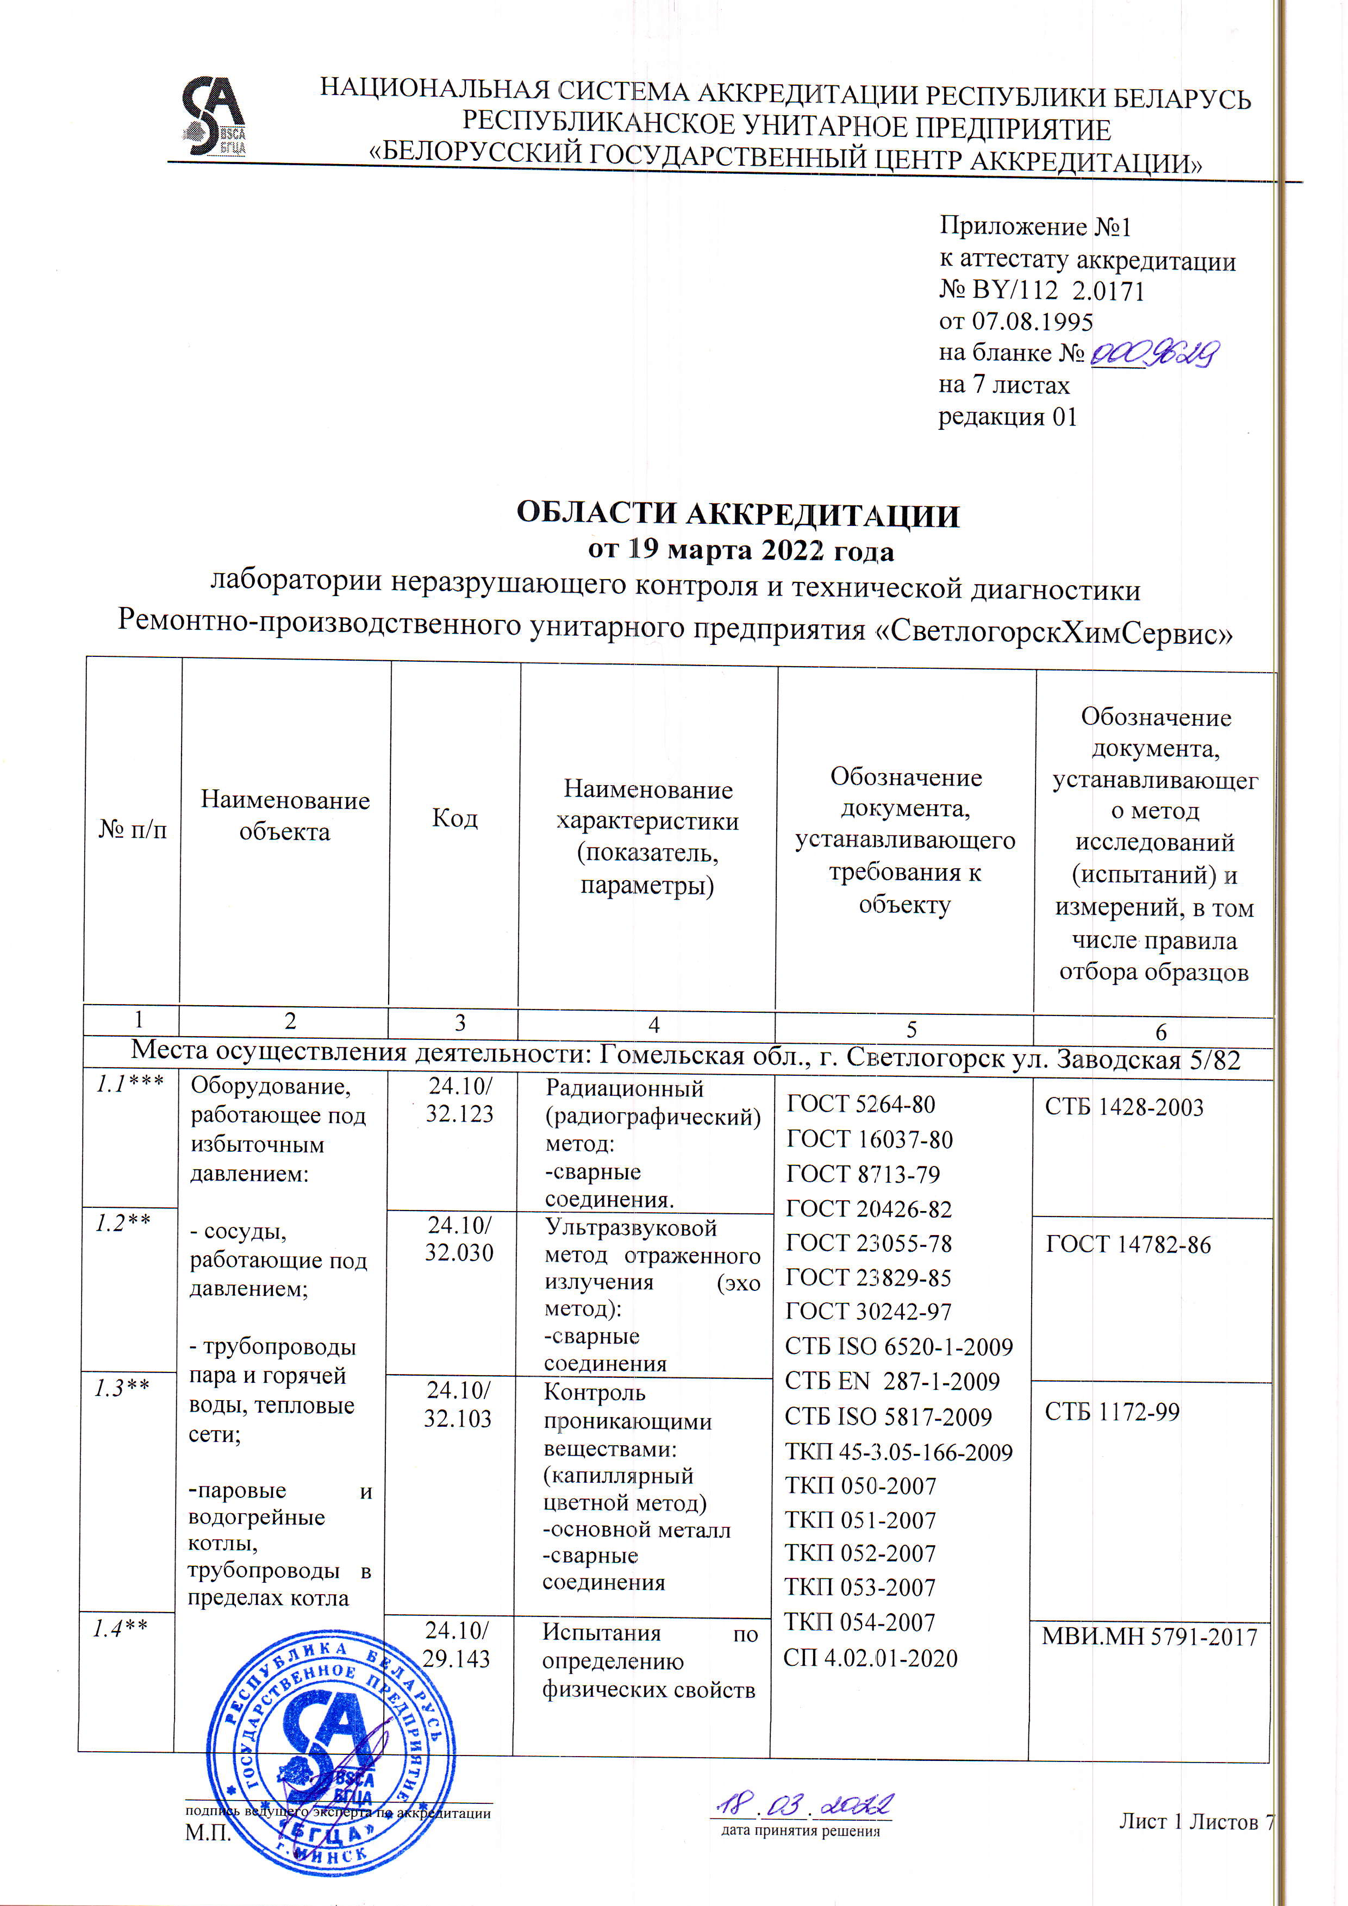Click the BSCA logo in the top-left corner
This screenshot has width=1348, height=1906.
[x=214, y=116]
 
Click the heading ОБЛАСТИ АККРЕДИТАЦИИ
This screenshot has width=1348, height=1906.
[x=738, y=515]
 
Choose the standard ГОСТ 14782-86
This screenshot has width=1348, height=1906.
[x=1128, y=1244]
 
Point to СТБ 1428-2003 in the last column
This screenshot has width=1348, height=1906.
[x=1124, y=1107]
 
